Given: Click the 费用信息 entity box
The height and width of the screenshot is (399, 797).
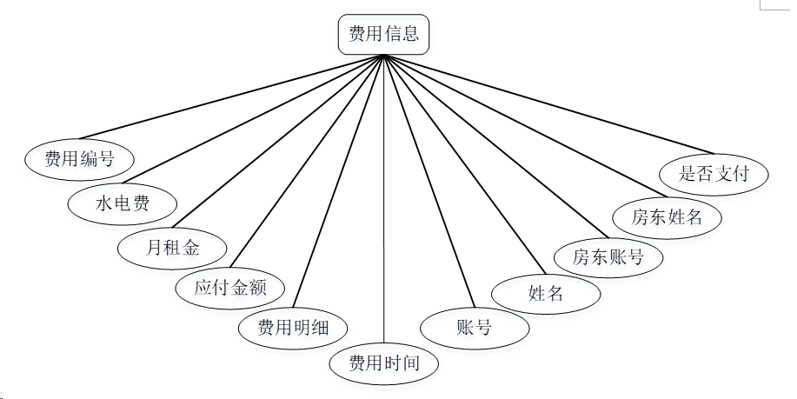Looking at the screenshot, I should point(383,35).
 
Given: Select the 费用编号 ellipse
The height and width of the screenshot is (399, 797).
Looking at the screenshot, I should point(79,158).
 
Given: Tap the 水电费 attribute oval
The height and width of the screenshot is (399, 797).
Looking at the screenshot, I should point(123,204).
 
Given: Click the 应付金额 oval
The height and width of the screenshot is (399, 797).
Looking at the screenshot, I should point(229,288).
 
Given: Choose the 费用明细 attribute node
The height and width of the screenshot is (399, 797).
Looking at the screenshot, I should point(294,328).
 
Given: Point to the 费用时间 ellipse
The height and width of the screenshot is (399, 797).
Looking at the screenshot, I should point(383,362).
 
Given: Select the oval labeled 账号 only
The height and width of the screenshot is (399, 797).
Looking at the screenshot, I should point(474,328).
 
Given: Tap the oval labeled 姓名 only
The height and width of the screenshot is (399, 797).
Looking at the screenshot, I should point(546,293).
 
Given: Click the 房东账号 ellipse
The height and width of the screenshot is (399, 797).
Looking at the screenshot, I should point(608,256).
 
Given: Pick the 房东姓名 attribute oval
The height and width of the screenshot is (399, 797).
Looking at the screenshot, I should point(667,216).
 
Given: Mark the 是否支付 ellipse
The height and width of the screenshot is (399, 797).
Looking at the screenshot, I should point(714,173).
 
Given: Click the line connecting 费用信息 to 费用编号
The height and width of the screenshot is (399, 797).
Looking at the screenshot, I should point(231,96).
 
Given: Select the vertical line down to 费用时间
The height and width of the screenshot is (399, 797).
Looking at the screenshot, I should point(383,200).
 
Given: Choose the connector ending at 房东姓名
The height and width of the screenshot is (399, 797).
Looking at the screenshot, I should point(521,125).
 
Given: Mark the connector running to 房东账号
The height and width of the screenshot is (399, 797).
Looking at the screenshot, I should point(491,149).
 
